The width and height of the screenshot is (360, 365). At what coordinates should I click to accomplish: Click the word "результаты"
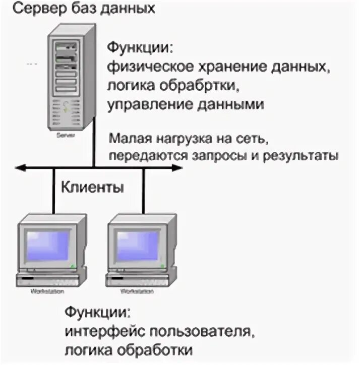point(301,155)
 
